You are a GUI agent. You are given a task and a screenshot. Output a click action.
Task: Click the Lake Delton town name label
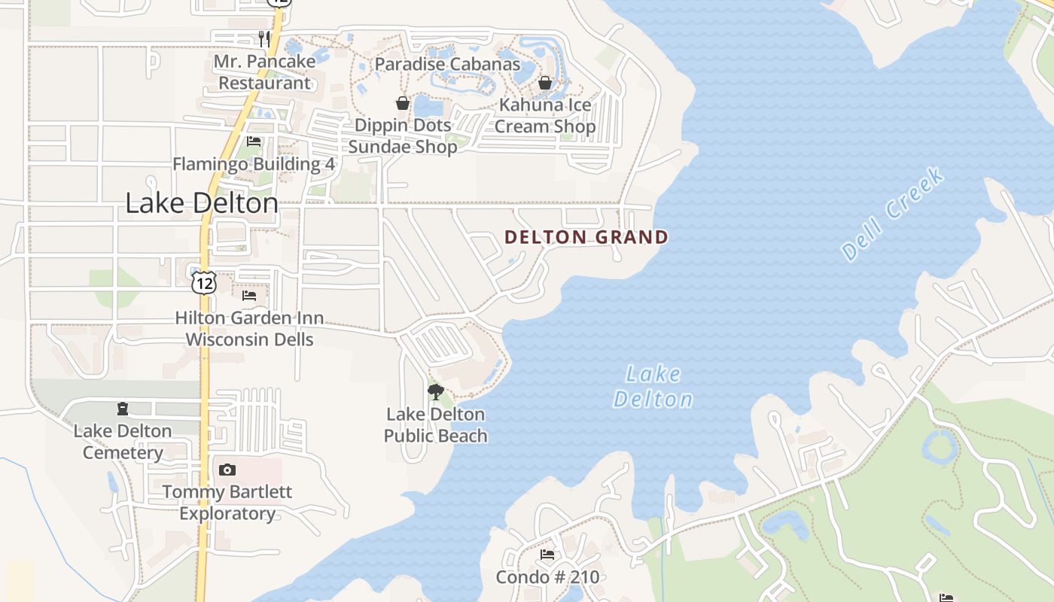[202, 203]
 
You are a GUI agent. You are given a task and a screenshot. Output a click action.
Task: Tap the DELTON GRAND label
[586, 238]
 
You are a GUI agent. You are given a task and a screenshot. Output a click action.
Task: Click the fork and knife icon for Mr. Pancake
[264, 38]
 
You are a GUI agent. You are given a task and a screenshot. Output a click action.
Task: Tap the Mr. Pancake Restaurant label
[264, 72]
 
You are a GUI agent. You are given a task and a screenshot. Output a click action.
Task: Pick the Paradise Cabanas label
[447, 64]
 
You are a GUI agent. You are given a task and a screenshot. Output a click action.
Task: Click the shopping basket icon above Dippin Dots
[403, 103]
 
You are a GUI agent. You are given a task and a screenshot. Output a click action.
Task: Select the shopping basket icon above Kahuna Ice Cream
[544, 82]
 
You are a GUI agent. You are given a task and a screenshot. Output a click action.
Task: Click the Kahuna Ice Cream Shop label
[544, 116]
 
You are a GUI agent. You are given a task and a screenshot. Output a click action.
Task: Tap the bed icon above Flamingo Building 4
[254, 141]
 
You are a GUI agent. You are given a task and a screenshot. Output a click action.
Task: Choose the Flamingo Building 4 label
[254, 164]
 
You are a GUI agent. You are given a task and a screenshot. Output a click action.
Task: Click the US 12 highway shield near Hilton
[203, 282]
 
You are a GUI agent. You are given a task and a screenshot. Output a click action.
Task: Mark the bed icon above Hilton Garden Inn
[249, 296]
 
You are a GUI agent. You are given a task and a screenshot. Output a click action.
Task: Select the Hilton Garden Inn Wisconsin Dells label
[249, 329]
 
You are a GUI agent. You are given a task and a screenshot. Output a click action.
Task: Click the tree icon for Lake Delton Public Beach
[435, 391]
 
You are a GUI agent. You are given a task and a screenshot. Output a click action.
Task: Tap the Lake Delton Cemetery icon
[123, 409]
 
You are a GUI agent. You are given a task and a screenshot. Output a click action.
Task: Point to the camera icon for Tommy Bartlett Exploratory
[227, 470]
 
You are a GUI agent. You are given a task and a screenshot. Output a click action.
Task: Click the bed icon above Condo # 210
[547, 555]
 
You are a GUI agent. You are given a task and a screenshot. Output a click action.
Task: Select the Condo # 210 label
[547, 578]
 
